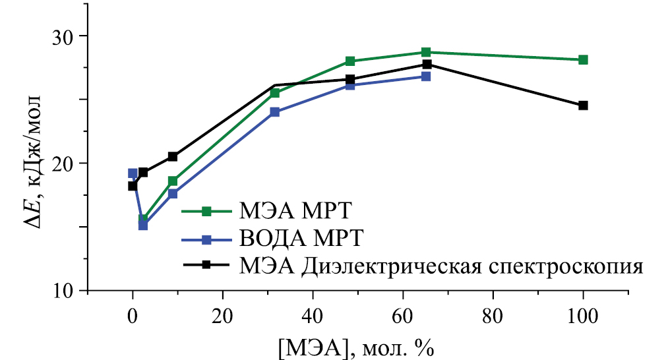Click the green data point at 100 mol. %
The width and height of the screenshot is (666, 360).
point(583,60)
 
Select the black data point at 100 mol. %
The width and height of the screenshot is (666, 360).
point(583,105)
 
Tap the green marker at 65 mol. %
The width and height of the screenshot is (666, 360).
point(426,52)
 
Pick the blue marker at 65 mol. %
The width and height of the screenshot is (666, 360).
point(426,76)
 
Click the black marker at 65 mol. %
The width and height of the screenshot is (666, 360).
point(427,64)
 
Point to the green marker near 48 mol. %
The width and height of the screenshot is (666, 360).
point(350,61)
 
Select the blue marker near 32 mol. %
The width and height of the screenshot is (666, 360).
point(274,112)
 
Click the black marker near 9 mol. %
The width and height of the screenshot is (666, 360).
point(173,156)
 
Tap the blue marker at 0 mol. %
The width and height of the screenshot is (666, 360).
point(133,173)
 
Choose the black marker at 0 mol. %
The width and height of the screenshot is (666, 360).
point(133,186)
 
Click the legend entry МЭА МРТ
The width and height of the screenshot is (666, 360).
point(273,212)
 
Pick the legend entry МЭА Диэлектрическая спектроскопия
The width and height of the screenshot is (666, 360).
point(413,265)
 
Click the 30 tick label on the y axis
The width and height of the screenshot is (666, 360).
point(65,36)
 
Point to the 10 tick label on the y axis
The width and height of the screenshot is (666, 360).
point(65,291)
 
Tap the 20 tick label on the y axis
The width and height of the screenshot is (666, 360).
point(65,164)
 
